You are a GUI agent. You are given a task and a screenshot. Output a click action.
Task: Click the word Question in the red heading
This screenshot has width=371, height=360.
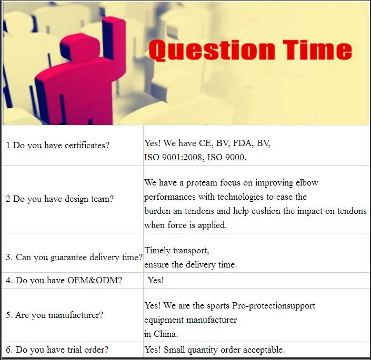coord(212,50)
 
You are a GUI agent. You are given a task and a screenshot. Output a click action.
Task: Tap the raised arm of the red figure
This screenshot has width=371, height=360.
coord(114,38)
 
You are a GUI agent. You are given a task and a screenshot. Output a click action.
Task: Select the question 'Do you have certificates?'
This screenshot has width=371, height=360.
coord(61,145)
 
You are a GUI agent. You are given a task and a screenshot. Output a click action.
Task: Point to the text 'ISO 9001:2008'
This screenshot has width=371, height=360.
coord(174,157)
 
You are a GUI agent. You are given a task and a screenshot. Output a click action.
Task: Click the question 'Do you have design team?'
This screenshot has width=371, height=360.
coord(63,199)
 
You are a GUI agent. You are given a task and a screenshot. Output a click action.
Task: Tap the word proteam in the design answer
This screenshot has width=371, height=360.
coord(202,183)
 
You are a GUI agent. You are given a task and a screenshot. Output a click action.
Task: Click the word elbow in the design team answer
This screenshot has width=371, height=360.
coord(307,182)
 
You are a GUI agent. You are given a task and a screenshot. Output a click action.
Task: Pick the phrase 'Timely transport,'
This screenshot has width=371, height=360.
coord(177,250)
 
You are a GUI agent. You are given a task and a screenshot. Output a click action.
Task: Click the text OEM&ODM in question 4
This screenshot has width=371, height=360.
coord(95,280)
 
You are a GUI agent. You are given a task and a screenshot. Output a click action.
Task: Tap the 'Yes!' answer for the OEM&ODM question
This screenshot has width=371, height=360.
coord(156,280)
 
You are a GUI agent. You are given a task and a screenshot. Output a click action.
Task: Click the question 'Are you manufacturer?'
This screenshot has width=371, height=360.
coord(59,315)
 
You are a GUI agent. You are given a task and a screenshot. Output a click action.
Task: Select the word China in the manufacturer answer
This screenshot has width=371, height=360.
coord(166,334)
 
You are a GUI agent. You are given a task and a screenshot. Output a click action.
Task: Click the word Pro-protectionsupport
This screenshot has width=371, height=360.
coord(274,306)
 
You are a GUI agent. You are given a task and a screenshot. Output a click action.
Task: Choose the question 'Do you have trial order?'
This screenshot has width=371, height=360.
coord(62,349)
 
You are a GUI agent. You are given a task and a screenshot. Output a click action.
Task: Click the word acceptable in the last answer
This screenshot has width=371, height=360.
coord(264,349)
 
